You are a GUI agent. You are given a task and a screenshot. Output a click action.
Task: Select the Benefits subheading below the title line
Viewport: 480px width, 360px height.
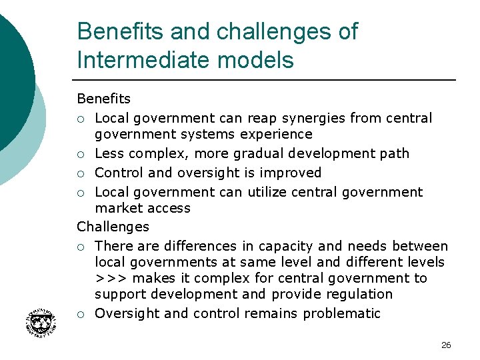[103, 99]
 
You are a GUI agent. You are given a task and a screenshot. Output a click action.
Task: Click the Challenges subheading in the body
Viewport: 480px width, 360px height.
[113, 227]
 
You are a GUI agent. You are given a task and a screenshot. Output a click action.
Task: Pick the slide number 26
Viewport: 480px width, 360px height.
[446, 345]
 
